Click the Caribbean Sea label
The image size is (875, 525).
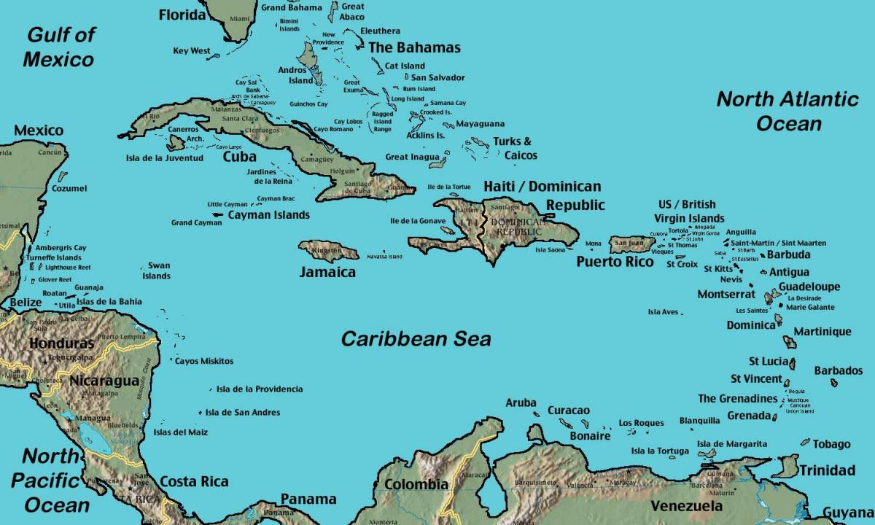click(416, 339)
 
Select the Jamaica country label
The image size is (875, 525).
click(327, 272)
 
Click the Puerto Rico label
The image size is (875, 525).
click(615, 261)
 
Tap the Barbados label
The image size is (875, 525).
click(838, 370)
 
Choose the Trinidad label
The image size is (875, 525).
click(827, 470)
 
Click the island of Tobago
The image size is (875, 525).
click(805, 442)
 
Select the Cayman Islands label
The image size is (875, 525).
click(268, 215)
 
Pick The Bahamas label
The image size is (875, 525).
click(414, 47)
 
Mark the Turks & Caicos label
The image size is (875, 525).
click(515, 148)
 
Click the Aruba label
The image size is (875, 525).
click(521, 402)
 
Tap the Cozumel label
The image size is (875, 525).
click(69, 188)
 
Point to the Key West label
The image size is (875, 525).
click(192, 51)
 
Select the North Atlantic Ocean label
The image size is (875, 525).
click(787, 110)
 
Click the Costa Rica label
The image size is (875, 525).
click(193, 481)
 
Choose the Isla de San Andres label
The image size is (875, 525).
click(242, 413)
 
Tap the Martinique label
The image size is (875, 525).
click(822, 332)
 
